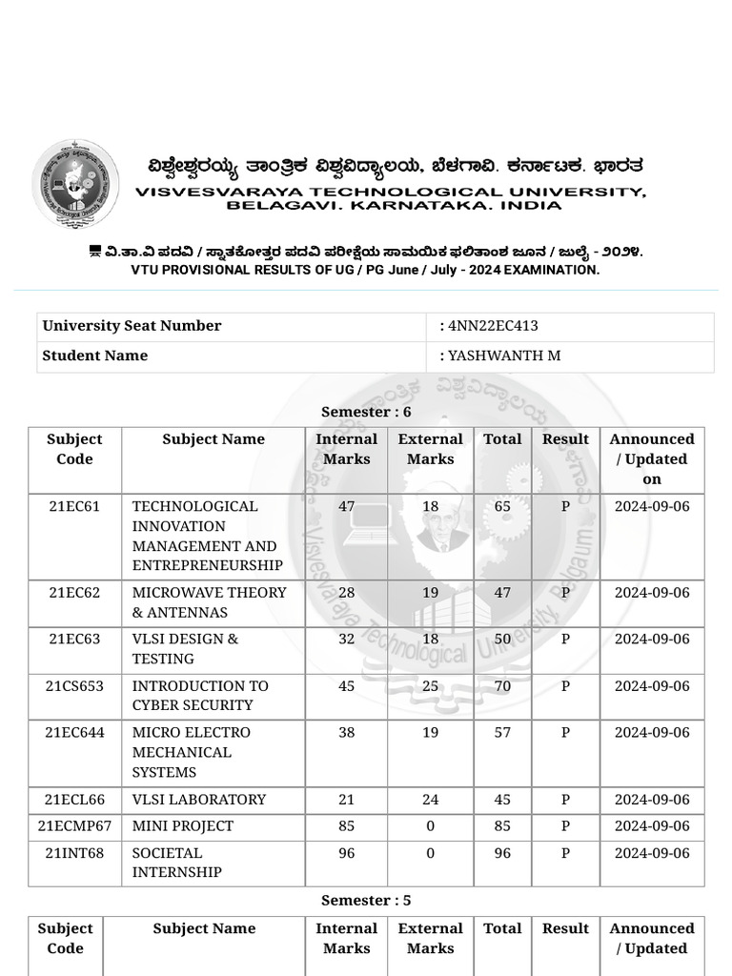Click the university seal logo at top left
[x=75, y=184]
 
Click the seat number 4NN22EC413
[x=493, y=326]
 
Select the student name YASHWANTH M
[x=504, y=356]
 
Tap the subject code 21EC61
[x=74, y=506]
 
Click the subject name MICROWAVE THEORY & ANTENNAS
[x=209, y=602]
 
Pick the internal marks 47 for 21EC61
[x=347, y=506]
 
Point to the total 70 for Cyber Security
[x=502, y=686]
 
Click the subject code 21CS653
[x=74, y=686]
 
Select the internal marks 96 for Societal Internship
[x=347, y=853]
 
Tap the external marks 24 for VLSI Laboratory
[x=431, y=800]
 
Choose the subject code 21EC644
[x=74, y=733]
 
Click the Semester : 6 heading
[x=366, y=412]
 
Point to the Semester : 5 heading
[x=366, y=901]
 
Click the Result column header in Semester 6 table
[x=565, y=439]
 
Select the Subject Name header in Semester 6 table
[x=213, y=439]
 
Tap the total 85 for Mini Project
[x=502, y=826]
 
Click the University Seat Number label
[x=132, y=326]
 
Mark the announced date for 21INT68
[x=652, y=853]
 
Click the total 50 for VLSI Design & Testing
[x=502, y=640]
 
